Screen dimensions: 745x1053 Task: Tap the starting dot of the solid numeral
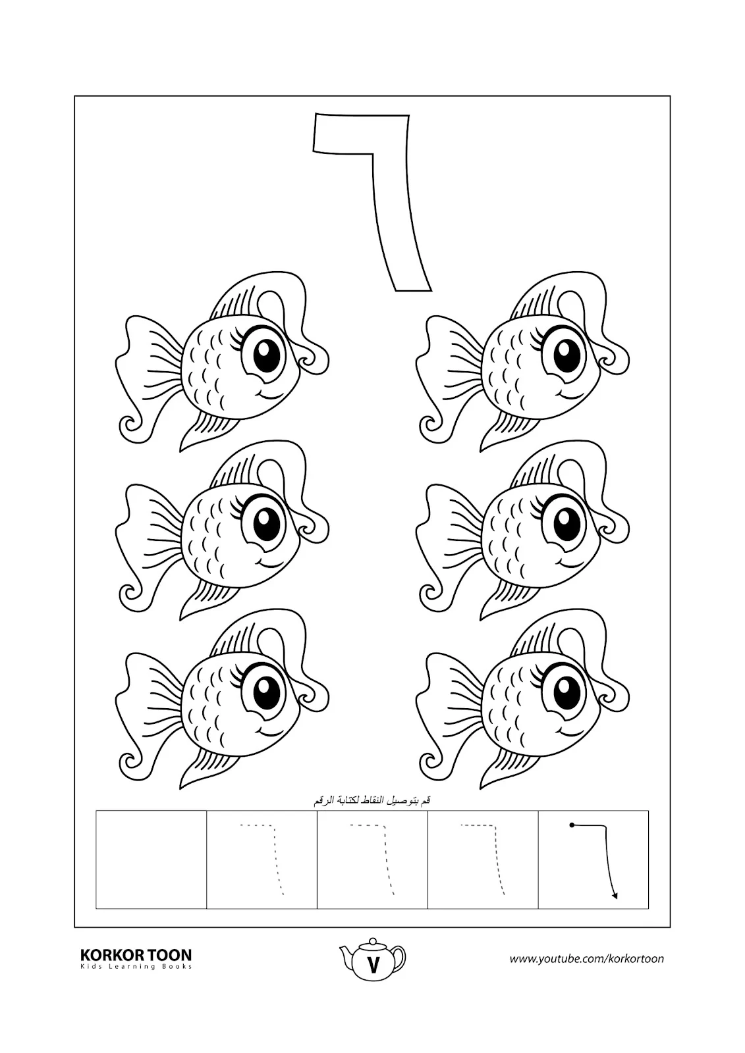tap(571, 825)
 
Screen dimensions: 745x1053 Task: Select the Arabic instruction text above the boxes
tap(372, 800)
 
